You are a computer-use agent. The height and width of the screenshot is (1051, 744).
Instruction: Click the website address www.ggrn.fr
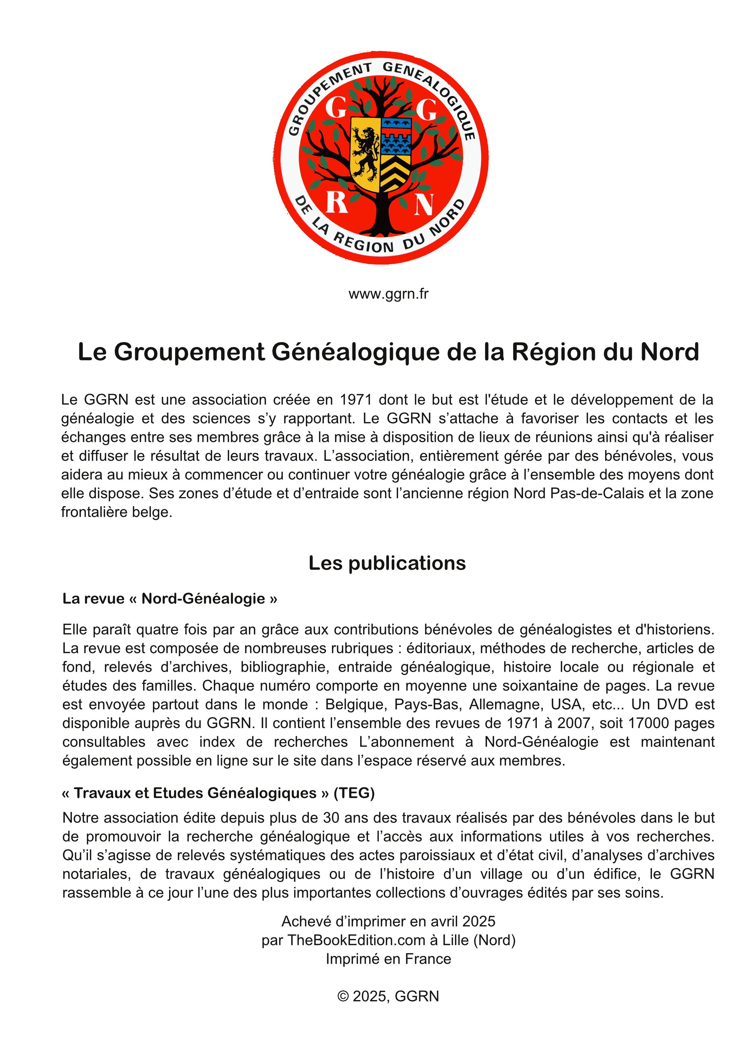click(388, 294)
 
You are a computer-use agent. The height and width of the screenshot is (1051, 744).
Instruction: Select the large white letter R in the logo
click(337, 202)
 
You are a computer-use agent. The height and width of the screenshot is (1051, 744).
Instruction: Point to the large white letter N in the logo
click(424, 205)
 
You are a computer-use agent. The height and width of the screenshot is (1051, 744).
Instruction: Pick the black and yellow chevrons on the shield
click(395, 173)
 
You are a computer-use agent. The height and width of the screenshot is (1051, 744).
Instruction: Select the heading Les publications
click(387, 563)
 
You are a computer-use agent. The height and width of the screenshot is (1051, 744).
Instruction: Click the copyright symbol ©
click(343, 996)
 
